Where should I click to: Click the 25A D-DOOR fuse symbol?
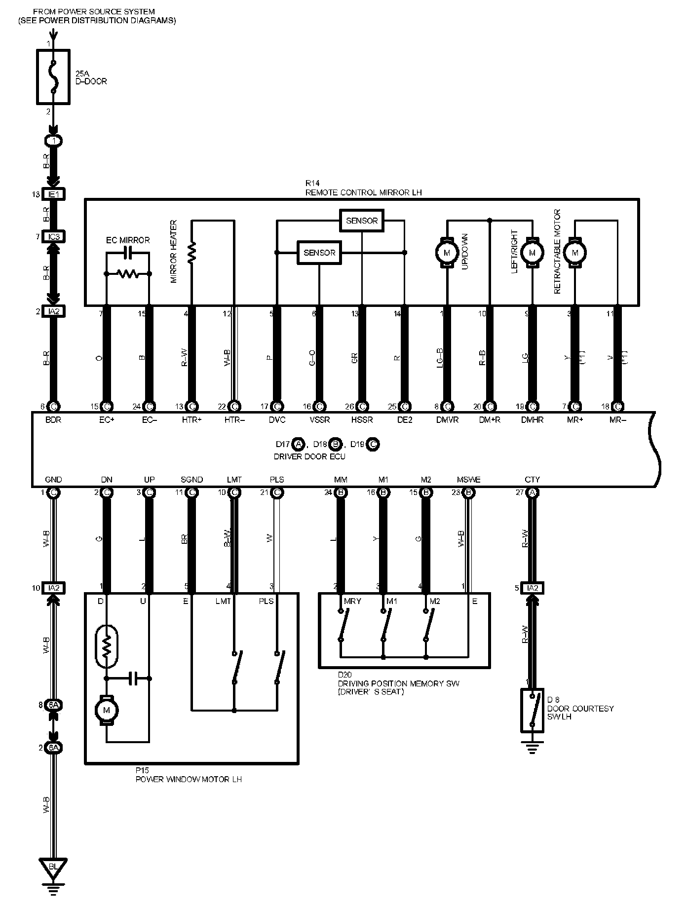pyautogui.click(x=53, y=76)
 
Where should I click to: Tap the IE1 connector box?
pyautogui.click(x=54, y=194)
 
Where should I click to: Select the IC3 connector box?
pyautogui.click(x=54, y=237)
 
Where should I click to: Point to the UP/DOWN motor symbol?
pyautogui.click(x=447, y=253)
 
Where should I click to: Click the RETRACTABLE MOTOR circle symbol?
pyautogui.click(x=574, y=253)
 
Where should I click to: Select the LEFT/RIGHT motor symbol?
pyautogui.click(x=532, y=253)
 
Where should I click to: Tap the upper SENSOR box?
pyautogui.click(x=362, y=221)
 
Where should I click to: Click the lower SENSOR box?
pyautogui.click(x=319, y=253)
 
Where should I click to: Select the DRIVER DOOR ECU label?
pyautogui.click(x=309, y=456)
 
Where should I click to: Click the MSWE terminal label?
pyautogui.click(x=468, y=480)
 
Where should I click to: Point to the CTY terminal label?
pyautogui.click(x=532, y=480)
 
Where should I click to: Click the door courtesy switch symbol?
pyautogui.click(x=532, y=711)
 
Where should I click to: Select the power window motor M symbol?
pyautogui.click(x=106, y=711)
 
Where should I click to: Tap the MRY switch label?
pyautogui.click(x=352, y=601)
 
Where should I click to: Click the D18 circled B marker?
pyautogui.click(x=336, y=444)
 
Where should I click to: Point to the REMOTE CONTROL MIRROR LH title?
pyautogui.click(x=363, y=192)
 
